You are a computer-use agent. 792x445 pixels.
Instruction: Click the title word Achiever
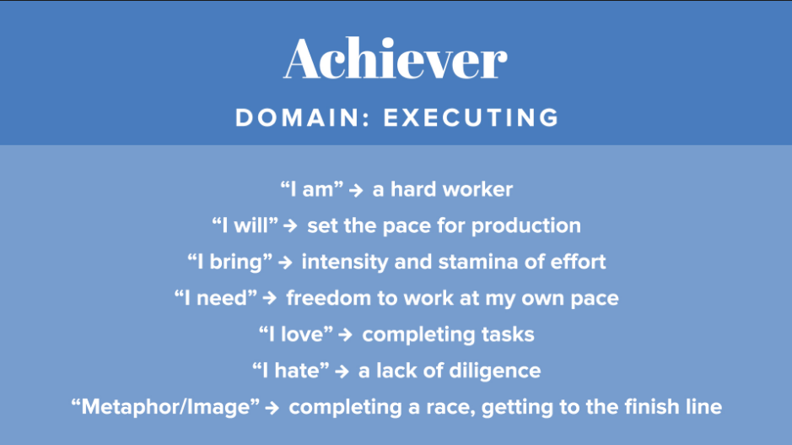pyautogui.click(x=396, y=58)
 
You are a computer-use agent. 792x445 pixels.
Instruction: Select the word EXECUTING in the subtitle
pyautogui.click(x=471, y=117)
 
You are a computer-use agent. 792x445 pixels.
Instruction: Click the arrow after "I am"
pyautogui.click(x=356, y=190)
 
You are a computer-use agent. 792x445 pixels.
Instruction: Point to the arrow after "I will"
pyautogui.click(x=290, y=225)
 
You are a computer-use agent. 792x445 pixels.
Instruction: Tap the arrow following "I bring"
pyautogui.click(x=285, y=262)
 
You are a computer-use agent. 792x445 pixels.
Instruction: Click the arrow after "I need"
pyautogui.click(x=270, y=298)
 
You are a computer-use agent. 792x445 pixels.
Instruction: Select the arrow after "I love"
pyautogui.click(x=346, y=334)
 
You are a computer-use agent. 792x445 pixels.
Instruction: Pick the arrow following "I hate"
pyautogui.click(x=342, y=372)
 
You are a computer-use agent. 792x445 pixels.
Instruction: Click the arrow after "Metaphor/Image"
pyautogui.click(x=272, y=408)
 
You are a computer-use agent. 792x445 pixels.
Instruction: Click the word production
pyautogui.click(x=525, y=226)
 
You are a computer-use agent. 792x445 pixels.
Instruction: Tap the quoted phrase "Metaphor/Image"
pyautogui.click(x=165, y=407)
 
